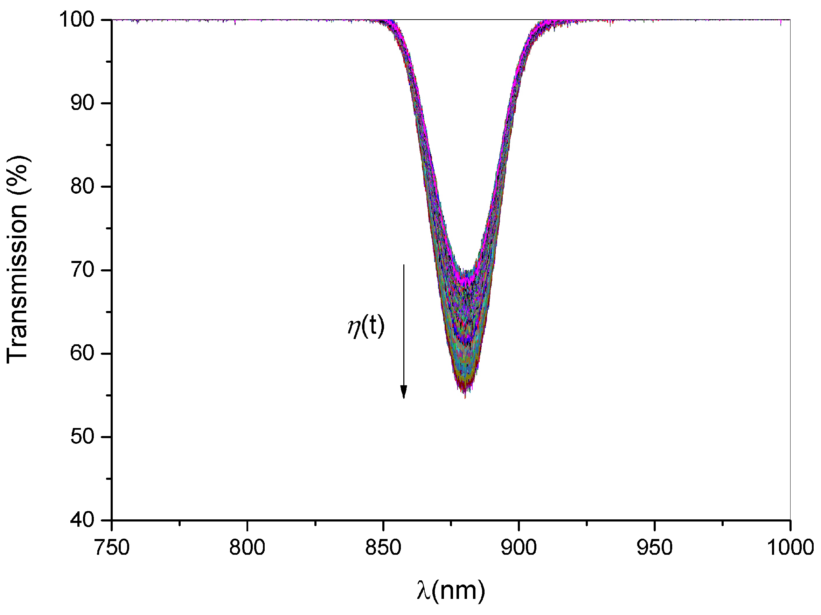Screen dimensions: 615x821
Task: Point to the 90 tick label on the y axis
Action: tap(82, 103)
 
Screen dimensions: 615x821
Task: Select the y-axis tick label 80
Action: tap(82, 186)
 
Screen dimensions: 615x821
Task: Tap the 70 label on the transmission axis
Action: tap(82, 270)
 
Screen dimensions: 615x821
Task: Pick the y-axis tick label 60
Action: tap(82, 353)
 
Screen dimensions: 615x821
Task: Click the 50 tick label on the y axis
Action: tap(82, 436)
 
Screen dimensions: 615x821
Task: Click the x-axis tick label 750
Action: tap(112, 548)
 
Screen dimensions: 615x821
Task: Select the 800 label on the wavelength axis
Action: tap(247, 548)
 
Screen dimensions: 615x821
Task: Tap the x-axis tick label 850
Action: tap(383, 548)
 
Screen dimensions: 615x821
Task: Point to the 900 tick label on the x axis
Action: tap(519, 548)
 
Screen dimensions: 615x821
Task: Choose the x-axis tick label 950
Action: tap(654, 548)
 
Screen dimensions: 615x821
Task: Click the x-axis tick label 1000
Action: tap(790, 548)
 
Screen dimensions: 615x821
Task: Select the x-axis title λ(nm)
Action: tap(451, 590)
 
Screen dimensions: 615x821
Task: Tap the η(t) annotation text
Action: tap(366, 326)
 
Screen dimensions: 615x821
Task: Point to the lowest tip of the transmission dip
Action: tap(465, 398)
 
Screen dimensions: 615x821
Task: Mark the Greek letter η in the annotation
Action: tap(354, 328)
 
